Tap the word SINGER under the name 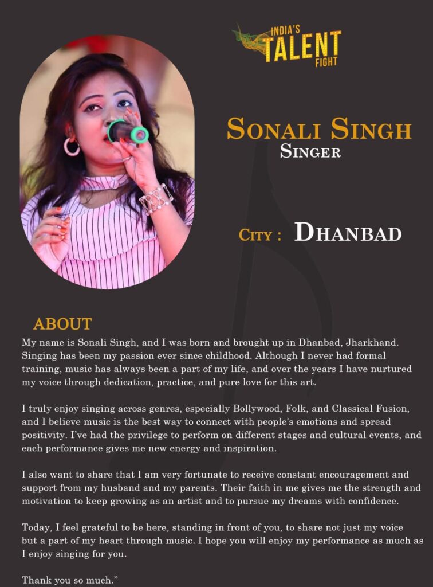point(310,152)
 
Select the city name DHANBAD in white point(348,233)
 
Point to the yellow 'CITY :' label point(259,235)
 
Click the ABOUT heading point(62,324)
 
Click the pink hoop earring point(72,147)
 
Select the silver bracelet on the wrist point(155,199)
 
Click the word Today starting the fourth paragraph point(36,527)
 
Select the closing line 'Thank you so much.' point(69,580)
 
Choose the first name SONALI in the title point(275,130)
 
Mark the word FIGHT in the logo point(326,62)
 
